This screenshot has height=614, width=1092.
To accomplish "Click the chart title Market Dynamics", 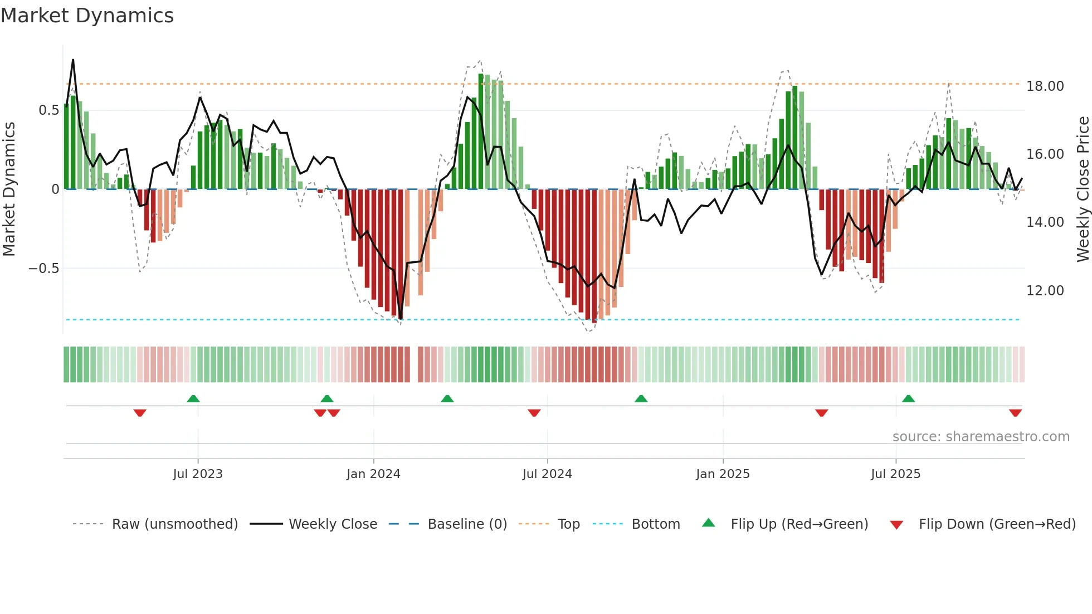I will tap(87, 16).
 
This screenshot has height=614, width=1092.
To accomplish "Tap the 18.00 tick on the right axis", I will tap(1045, 86).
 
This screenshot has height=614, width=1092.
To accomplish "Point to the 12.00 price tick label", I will tap(1045, 291).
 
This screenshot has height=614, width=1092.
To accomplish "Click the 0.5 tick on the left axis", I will tap(48, 110).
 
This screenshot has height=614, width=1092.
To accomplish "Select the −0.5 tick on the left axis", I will tap(43, 269).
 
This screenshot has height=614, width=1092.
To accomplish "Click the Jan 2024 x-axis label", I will tap(373, 474).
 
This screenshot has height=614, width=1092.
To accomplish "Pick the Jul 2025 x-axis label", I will tap(895, 474).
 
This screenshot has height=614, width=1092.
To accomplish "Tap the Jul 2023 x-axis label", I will tap(198, 474).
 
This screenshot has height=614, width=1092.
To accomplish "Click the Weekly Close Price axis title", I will tap(1083, 189).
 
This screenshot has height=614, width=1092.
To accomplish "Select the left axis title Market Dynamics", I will tap(9, 189).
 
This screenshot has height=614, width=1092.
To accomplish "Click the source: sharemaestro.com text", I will tap(981, 437).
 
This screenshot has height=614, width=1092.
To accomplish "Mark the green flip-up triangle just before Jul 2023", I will tap(193, 399).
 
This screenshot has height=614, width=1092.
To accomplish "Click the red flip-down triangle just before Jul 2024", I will tap(534, 413).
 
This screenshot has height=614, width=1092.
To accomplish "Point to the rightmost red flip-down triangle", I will tap(1015, 413).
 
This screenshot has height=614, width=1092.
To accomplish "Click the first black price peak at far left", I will tap(73, 60).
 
